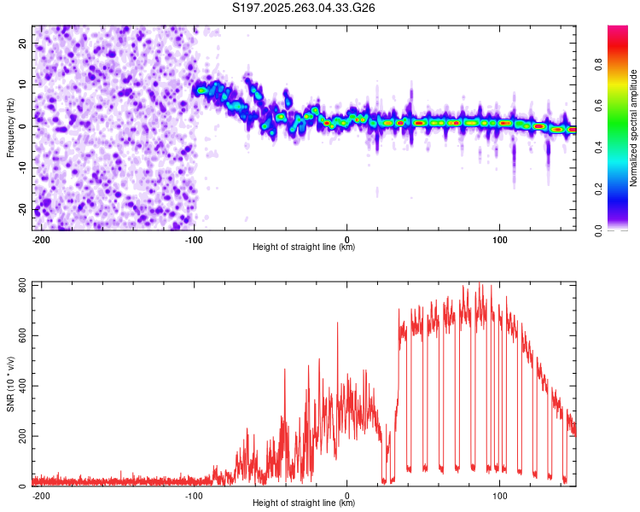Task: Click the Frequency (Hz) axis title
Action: (10, 126)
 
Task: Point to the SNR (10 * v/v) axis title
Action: (10, 383)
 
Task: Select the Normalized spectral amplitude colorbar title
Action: (634, 128)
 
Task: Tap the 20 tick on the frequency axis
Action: (23, 43)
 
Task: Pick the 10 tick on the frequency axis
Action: (23, 84)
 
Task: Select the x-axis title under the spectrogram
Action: (304, 247)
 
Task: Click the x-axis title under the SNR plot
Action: (304, 503)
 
